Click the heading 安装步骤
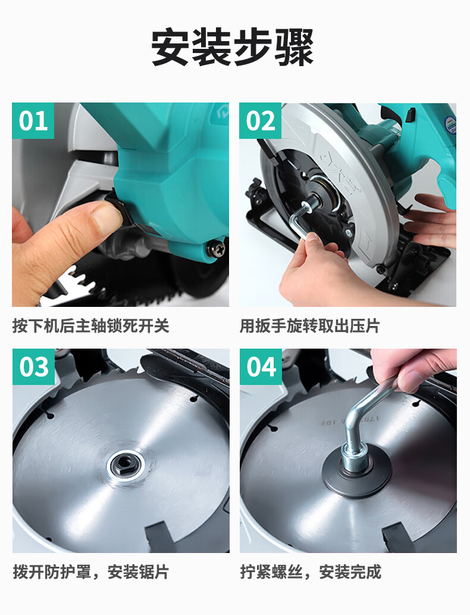click(233, 48)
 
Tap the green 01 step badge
click(33, 121)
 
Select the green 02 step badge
click(261, 121)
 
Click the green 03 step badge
click(33, 366)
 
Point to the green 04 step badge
click(261, 366)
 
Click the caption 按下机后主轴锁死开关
click(91, 326)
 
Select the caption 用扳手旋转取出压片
click(310, 326)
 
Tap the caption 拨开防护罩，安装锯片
click(91, 572)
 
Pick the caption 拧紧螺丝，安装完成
click(311, 572)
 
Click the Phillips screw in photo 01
click(217, 249)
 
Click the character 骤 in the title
click(294, 48)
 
